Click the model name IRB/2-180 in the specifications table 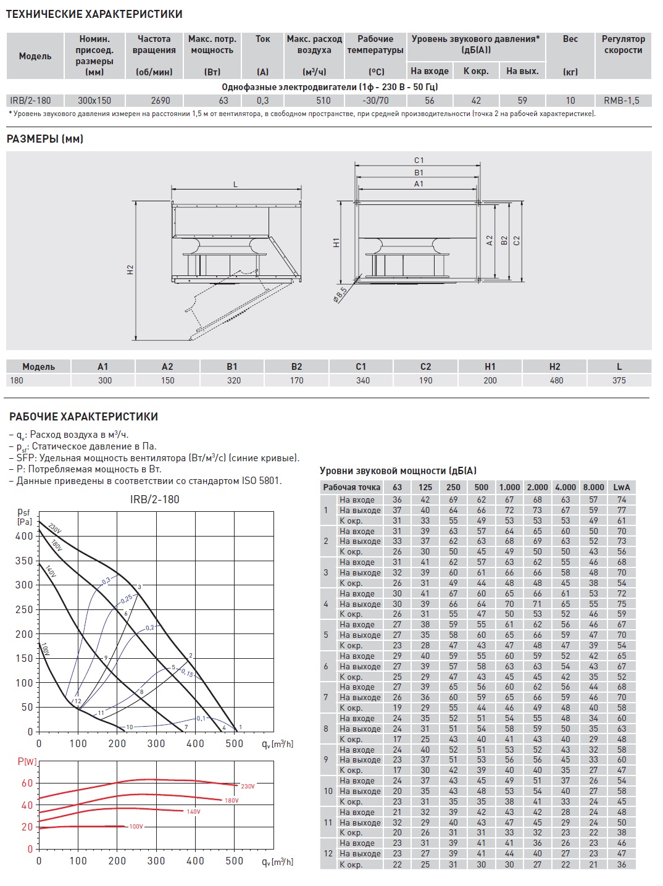coord(30,101)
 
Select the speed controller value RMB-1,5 coord(622,101)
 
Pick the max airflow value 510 coord(323,101)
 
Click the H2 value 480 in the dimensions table coord(556,380)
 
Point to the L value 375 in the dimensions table coord(619,380)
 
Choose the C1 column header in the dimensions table coord(361,367)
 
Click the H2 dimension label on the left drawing coord(130,270)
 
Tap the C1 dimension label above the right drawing coord(419,161)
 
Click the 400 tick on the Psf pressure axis coord(24,537)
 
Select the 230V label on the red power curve coord(248,787)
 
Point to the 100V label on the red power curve coord(136,827)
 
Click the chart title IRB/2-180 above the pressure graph coord(154,499)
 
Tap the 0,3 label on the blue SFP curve coord(106,581)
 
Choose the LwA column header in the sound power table coord(621,487)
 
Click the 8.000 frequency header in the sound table coord(593,487)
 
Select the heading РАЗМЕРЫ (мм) coord(45,140)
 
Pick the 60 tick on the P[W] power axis coord(27,784)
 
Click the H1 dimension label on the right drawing coord(336,243)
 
